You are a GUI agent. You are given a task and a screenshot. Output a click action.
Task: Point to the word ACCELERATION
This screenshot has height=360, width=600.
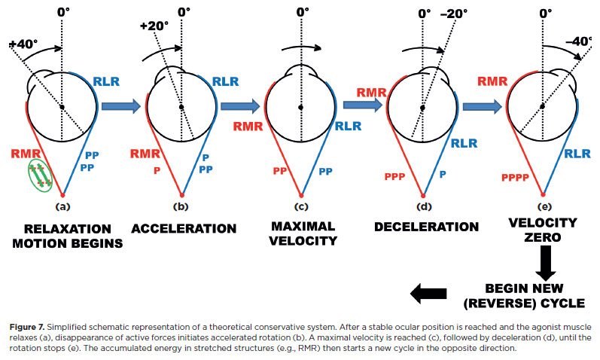click(x=183, y=228)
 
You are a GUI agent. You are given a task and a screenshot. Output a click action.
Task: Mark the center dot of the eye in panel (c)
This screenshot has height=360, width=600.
click(x=300, y=108)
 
